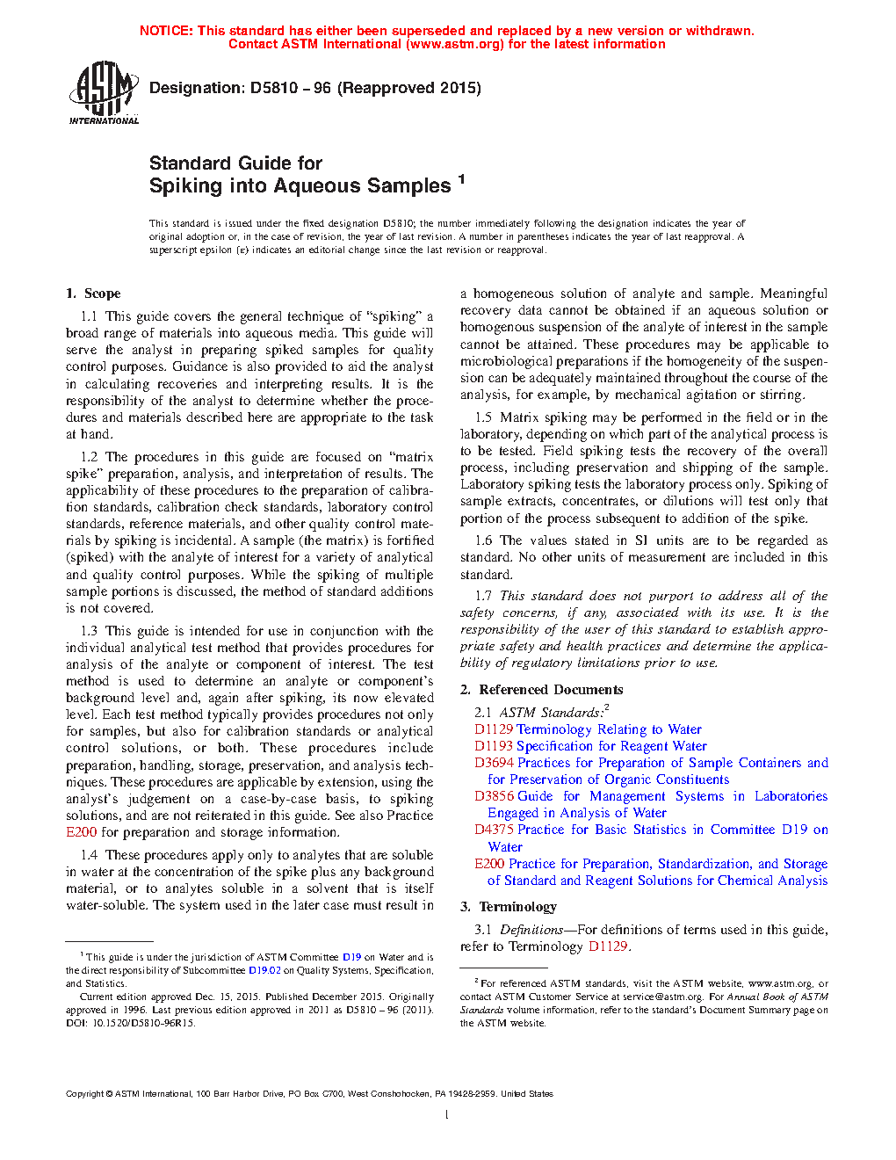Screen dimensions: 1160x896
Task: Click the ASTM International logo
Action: coord(104,92)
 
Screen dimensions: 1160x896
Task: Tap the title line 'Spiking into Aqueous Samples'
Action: coord(300,186)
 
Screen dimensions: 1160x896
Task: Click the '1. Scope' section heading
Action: coord(93,294)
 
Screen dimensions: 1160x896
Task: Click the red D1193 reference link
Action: coord(493,746)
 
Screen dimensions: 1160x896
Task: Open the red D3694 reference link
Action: coord(494,763)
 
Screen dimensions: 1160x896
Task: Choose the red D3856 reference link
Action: coord(494,796)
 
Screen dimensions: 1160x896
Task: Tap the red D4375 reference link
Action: coord(494,830)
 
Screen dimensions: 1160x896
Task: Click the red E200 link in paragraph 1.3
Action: coord(82,832)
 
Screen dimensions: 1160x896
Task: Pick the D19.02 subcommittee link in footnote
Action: coord(264,970)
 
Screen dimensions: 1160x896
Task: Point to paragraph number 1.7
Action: coord(483,596)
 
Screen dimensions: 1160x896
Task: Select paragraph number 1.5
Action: coord(483,417)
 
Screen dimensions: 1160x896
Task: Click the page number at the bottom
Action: coord(447,1115)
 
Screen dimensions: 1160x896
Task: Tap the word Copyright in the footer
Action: coord(84,1094)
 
